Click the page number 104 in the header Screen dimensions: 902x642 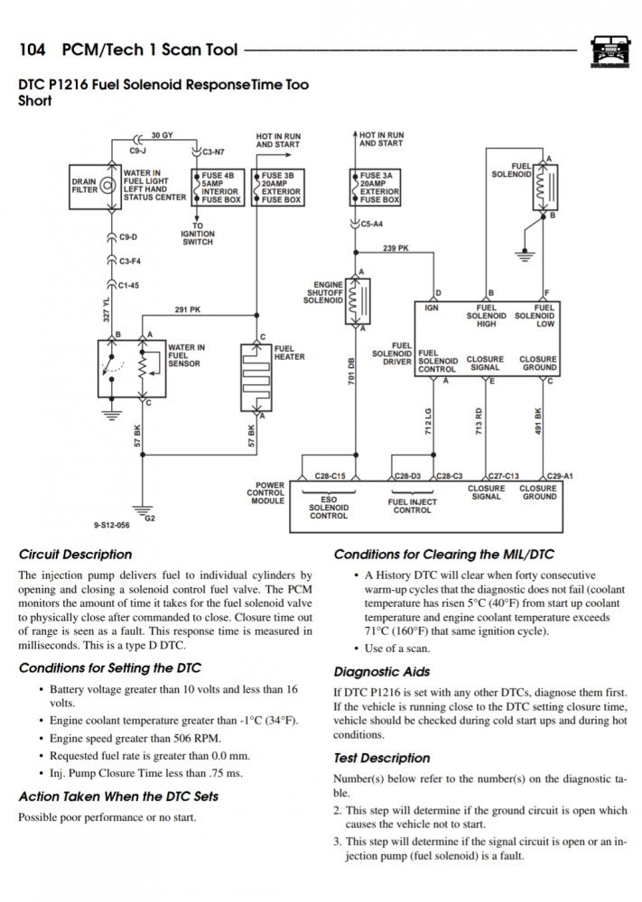[x=33, y=50]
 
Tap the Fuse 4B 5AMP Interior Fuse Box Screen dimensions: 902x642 [x=217, y=185]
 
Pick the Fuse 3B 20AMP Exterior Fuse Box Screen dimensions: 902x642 [x=279, y=186]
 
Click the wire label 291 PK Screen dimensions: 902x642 [x=188, y=309]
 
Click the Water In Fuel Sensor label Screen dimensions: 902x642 [x=187, y=355]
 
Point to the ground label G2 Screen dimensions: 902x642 [x=150, y=519]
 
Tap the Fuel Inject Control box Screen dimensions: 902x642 [x=412, y=506]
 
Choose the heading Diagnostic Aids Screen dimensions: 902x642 [x=382, y=672]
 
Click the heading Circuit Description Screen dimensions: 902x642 [x=75, y=554]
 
